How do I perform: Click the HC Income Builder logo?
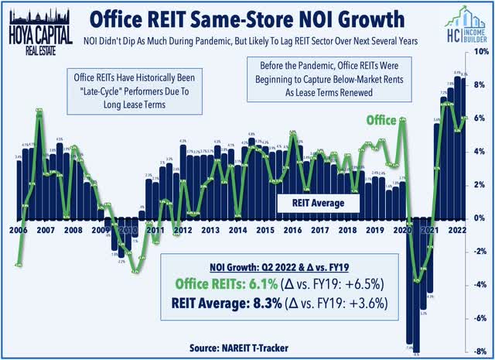point(459,23)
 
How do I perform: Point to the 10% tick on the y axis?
point(479,51)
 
